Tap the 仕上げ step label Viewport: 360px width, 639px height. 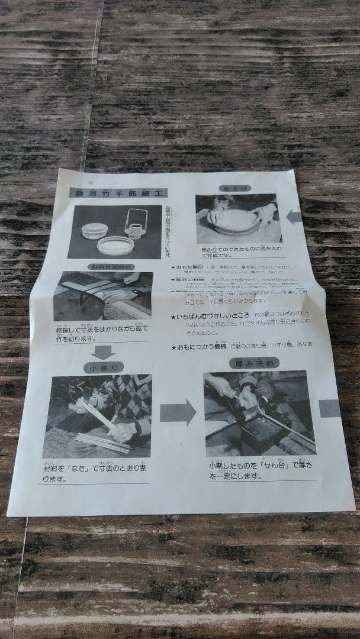(227, 188)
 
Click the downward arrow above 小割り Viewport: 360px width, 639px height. (104, 352)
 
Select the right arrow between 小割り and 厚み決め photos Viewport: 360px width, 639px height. (178, 412)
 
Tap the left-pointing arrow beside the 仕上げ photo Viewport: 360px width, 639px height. (294, 217)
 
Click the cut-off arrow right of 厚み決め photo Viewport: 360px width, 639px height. (330, 408)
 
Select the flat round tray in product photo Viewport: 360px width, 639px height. (115, 245)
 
